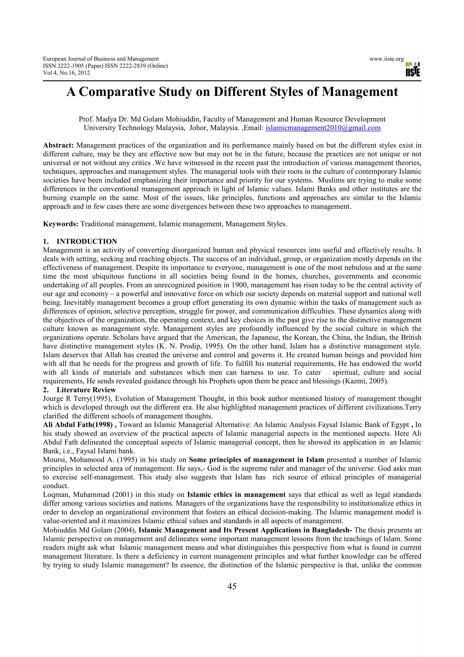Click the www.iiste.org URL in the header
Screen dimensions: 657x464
(x=386, y=59)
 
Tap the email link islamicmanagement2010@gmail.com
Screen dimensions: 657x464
(x=323, y=128)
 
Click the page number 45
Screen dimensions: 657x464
(x=232, y=586)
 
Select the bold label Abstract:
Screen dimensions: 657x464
(x=59, y=145)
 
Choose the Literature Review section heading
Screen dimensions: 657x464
(x=86, y=390)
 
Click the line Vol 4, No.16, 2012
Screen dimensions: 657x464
(x=66, y=73)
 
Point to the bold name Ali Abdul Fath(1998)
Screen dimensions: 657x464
(x=77, y=425)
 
